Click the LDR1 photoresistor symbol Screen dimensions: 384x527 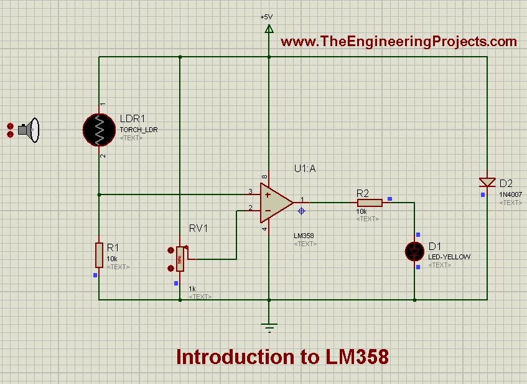click(x=99, y=128)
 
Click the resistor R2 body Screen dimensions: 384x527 click(x=370, y=203)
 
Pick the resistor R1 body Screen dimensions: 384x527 click(x=99, y=255)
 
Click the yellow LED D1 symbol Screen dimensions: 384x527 click(x=414, y=251)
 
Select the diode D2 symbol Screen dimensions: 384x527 click(x=487, y=182)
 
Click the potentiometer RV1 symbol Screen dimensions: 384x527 click(x=180, y=259)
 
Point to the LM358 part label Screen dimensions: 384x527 click(x=304, y=236)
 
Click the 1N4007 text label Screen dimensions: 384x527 click(x=511, y=194)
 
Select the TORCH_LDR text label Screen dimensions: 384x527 click(x=139, y=130)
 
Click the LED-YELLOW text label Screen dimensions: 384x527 click(x=449, y=257)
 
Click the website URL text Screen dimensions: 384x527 click(x=398, y=42)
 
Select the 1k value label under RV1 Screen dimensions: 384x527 click(x=192, y=289)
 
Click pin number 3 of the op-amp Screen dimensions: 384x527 click(x=250, y=191)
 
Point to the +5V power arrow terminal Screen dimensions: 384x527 click(x=269, y=29)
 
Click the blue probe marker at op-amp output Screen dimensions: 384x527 click(x=302, y=211)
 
